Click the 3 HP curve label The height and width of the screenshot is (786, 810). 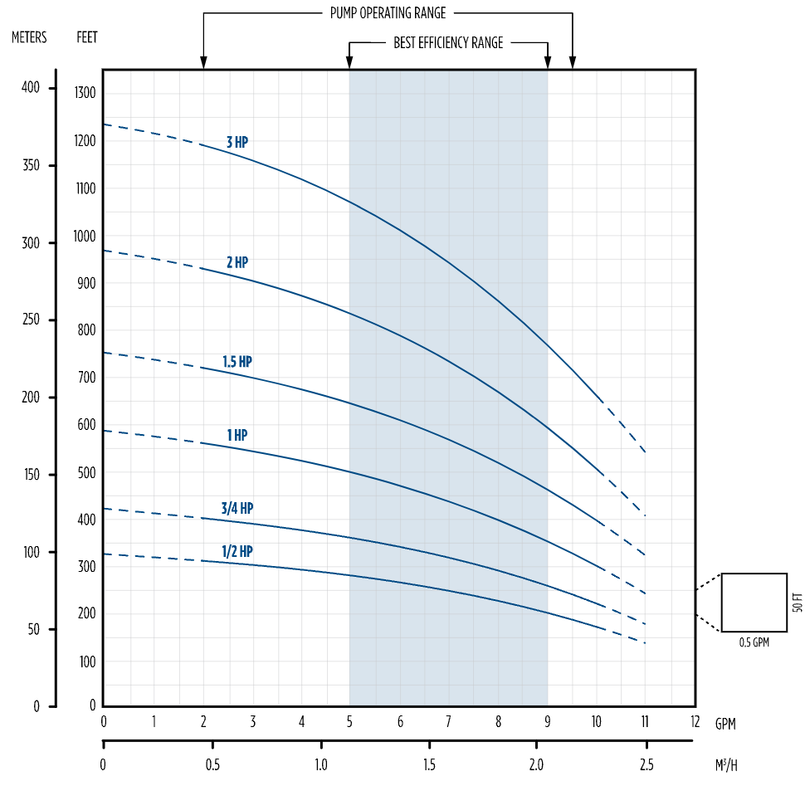(x=237, y=142)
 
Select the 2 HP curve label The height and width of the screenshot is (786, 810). (x=237, y=262)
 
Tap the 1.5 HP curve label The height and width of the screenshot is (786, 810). (x=237, y=362)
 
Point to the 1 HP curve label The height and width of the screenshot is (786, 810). (x=237, y=435)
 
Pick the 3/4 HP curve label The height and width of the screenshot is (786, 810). (x=237, y=508)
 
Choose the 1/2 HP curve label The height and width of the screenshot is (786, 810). (x=237, y=551)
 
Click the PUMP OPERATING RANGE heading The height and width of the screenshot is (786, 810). (x=388, y=13)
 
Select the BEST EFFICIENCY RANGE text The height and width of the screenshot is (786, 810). (x=448, y=43)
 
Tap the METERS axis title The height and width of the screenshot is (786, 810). (x=29, y=37)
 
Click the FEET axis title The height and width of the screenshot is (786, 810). (x=86, y=37)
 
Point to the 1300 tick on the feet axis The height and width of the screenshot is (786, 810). (x=86, y=92)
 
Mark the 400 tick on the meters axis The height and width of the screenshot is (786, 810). (x=31, y=88)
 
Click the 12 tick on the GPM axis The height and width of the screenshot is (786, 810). (x=695, y=722)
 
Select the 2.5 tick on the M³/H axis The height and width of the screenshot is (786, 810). (x=647, y=764)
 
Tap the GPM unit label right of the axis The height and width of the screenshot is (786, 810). (x=725, y=724)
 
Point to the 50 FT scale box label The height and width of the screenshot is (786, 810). (x=798, y=603)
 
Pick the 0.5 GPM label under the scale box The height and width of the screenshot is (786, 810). (x=754, y=642)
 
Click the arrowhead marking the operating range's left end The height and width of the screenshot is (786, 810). (x=203, y=62)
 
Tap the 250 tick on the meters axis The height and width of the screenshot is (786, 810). (x=31, y=320)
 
